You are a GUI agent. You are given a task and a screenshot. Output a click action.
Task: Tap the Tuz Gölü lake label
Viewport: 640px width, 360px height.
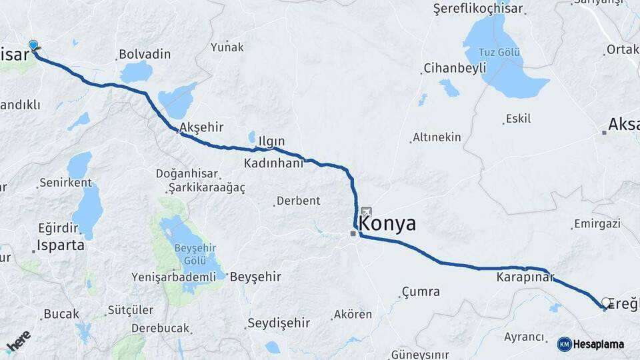click(x=497, y=53)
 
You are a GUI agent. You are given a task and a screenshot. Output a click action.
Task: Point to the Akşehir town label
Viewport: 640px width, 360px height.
click(x=201, y=127)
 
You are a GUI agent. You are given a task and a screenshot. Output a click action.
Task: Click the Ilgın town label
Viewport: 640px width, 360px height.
click(x=271, y=141)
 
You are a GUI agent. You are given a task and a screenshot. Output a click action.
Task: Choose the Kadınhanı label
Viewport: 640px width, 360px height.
click(x=273, y=163)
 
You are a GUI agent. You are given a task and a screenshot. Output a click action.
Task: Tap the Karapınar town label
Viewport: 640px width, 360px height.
click(x=525, y=275)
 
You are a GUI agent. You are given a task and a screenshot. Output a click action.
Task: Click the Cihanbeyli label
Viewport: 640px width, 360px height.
click(x=453, y=69)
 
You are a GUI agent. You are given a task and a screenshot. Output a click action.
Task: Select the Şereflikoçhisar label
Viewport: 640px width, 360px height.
click(x=478, y=9)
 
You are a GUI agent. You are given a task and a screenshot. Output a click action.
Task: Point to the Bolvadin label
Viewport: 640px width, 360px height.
click(x=145, y=54)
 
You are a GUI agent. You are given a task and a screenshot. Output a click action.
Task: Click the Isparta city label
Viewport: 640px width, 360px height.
click(x=61, y=245)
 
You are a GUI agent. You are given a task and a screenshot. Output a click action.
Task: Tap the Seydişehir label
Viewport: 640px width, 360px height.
click(x=279, y=323)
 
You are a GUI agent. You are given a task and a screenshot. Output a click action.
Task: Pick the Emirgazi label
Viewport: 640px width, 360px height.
click(x=596, y=223)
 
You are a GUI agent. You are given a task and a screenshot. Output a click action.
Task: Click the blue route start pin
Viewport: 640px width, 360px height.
click(x=33, y=45)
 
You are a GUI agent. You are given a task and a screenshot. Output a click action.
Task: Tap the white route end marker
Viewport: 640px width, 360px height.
click(x=606, y=303)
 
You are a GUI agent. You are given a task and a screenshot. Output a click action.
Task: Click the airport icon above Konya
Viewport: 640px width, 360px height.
click(x=366, y=211)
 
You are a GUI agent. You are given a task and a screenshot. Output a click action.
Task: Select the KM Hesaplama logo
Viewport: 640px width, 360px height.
click(x=591, y=344)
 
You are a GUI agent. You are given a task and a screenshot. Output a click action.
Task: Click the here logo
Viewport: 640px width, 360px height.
click(x=18, y=341)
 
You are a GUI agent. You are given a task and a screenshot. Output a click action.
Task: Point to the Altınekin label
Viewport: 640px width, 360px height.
click(x=437, y=137)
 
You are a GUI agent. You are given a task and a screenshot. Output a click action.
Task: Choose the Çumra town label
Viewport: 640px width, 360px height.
click(x=421, y=291)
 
